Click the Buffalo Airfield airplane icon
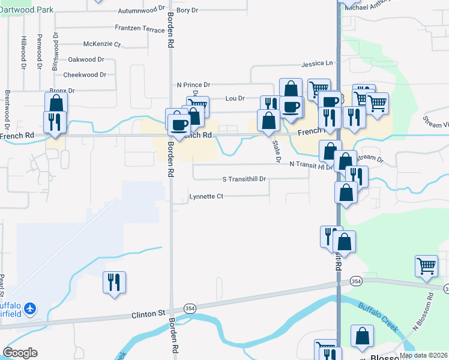click(31, 308)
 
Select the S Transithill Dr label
click(244, 179)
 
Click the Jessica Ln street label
click(317, 63)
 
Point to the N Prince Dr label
click(193, 85)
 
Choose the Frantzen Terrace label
click(139, 28)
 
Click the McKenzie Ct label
click(102, 44)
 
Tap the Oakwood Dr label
click(86, 59)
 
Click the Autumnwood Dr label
click(141, 10)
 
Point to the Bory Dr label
click(187, 10)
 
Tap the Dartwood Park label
click(26, 10)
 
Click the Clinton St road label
click(148, 314)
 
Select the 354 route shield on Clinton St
click(190, 308)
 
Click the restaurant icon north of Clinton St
click(114, 281)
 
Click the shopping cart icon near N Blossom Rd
click(426, 265)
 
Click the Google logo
click(20, 353)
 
